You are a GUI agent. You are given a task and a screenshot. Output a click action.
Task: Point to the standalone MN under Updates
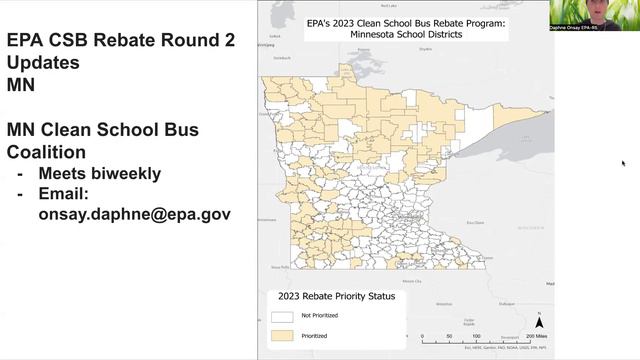(21, 85)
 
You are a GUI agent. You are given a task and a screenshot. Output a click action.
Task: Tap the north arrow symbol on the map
(539, 323)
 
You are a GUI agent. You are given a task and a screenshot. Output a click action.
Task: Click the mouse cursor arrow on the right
(623, 162)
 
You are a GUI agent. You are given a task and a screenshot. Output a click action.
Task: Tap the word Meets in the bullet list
(62, 173)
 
